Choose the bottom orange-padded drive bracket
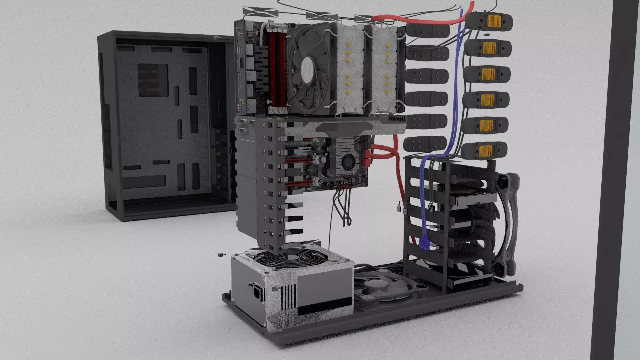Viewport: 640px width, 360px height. click(484, 150)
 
